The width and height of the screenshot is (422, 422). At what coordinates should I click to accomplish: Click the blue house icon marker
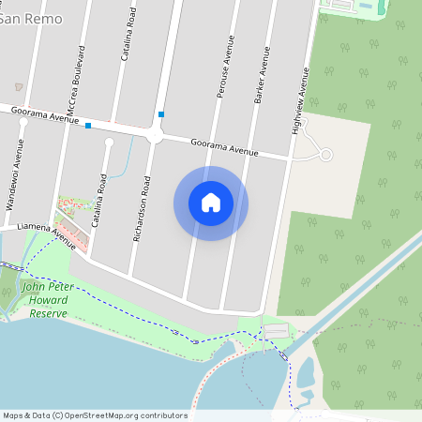211,203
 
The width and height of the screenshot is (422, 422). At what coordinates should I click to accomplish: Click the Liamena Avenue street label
38,231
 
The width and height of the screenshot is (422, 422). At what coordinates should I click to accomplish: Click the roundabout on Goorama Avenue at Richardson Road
155,137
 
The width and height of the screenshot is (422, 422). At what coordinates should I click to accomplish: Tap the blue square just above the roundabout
162,114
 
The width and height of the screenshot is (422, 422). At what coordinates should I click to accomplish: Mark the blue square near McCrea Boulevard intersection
88,125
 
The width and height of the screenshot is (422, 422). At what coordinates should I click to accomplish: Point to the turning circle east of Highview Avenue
326,155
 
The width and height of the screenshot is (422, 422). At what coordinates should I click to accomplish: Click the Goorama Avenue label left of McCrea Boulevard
44,114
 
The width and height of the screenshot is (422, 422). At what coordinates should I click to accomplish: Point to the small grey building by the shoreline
277,331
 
